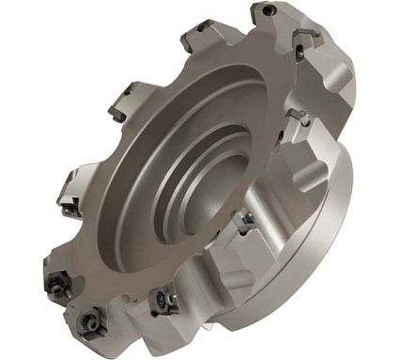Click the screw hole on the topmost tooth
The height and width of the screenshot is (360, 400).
coord(269,12)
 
